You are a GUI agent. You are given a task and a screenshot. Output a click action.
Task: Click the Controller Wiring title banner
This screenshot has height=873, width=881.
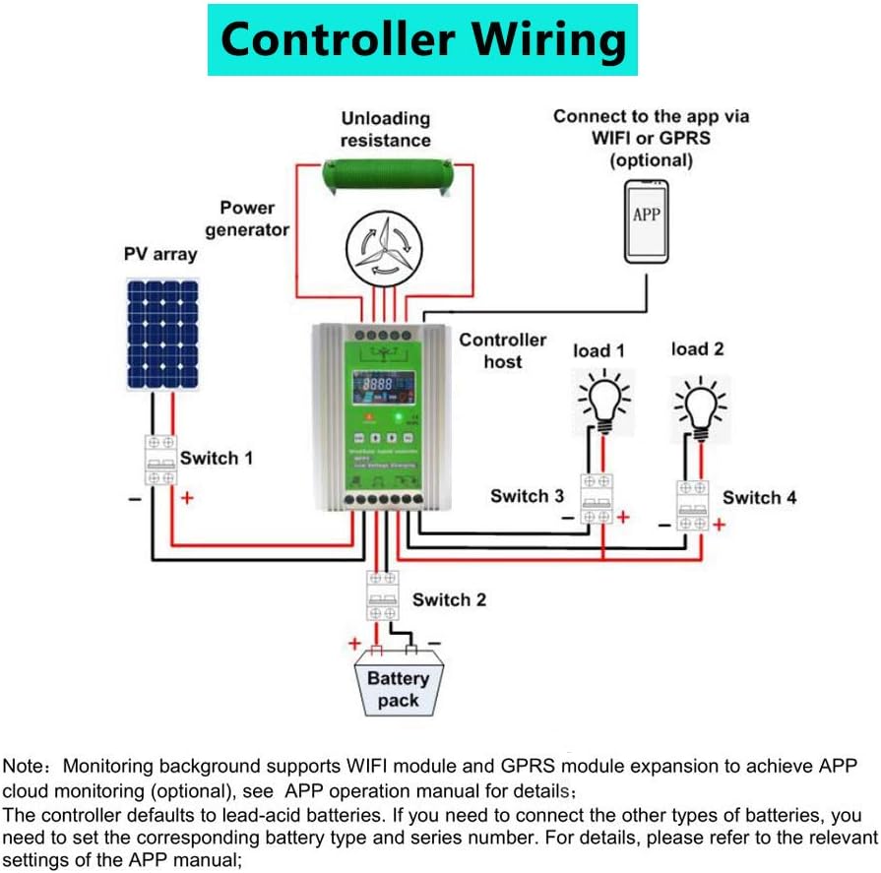(422, 40)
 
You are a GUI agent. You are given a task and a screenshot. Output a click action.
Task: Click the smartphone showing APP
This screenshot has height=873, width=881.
(647, 220)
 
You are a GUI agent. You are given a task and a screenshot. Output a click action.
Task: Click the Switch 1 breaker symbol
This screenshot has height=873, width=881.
(161, 460)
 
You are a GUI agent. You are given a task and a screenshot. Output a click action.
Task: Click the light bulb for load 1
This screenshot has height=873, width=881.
(603, 405)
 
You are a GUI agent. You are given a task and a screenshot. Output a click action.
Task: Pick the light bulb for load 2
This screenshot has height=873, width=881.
(700, 405)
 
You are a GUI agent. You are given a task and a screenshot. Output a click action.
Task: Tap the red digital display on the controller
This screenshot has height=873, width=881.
(374, 383)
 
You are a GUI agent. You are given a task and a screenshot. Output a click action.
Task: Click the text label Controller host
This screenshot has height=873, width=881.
(502, 350)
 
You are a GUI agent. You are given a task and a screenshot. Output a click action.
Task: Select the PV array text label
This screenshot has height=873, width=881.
(160, 254)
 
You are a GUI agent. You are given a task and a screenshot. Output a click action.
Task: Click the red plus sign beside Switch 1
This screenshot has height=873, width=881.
(186, 498)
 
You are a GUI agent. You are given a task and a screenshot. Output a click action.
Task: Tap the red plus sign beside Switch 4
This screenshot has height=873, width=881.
(719, 526)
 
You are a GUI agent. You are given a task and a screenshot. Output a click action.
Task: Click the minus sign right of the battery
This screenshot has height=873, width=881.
(434, 642)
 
